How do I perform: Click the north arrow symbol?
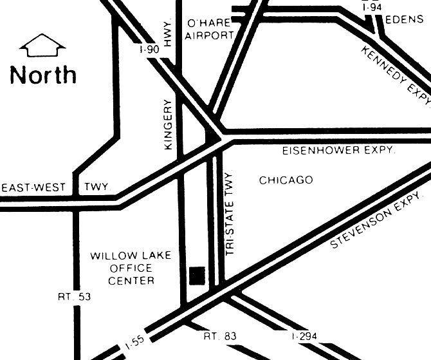(x=43, y=46)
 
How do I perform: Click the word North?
(x=43, y=75)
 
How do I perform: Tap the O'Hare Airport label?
(x=209, y=29)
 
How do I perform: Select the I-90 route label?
(x=149, y=50)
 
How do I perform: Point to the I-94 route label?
(x=372, y=6)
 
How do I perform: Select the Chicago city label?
(x=286, y=180)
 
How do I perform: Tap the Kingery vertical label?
(x=169, y=125)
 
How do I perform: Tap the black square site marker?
(x=197, y=275)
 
